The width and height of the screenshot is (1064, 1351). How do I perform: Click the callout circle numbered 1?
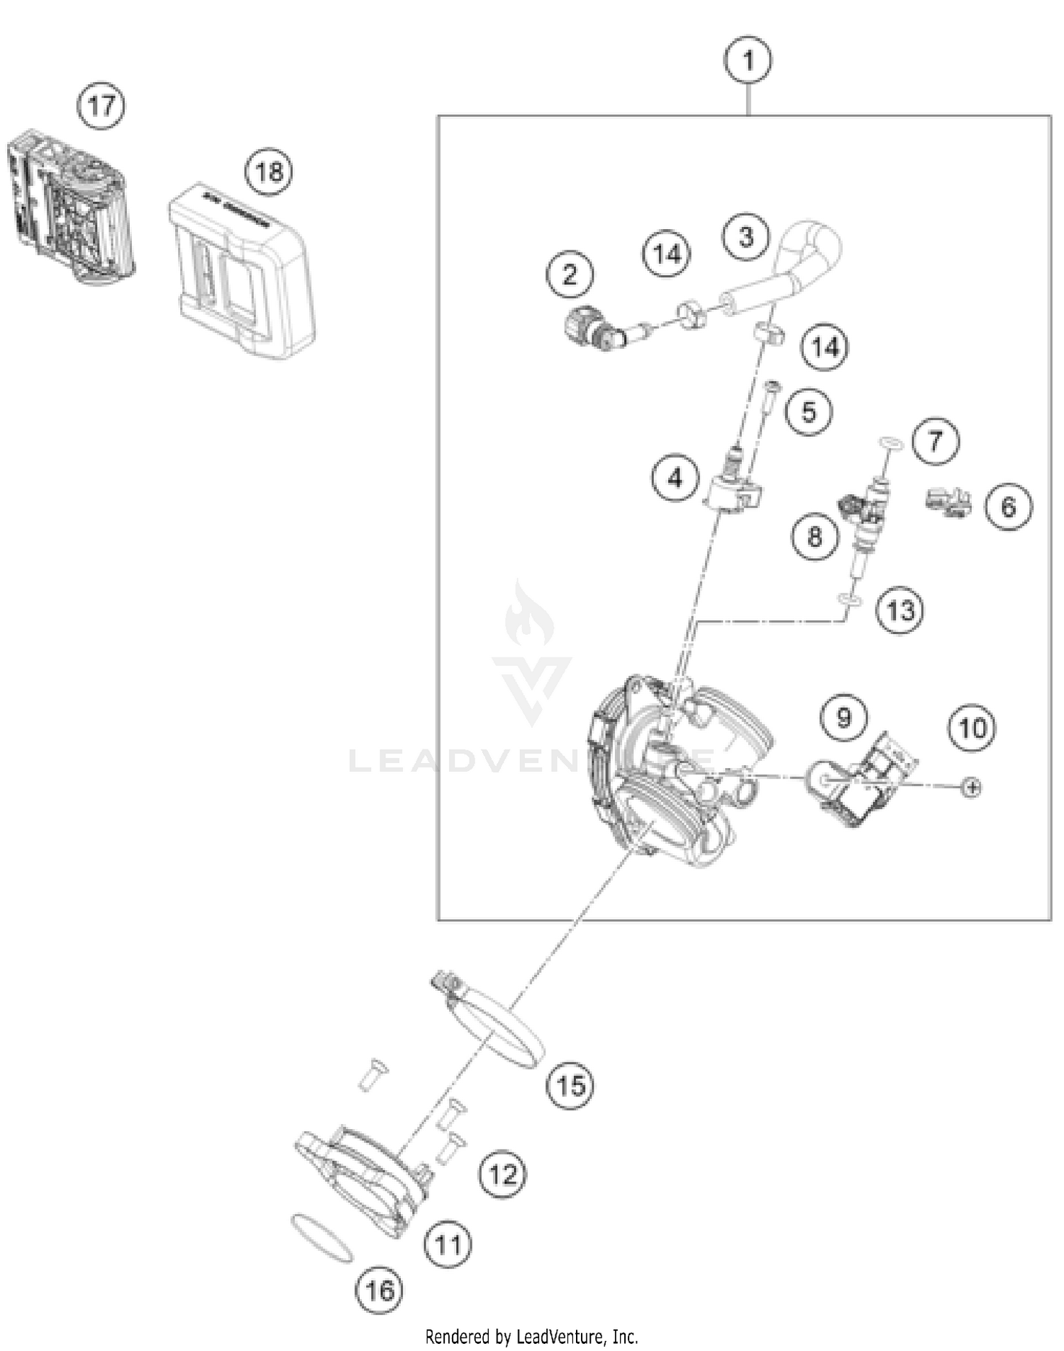748,60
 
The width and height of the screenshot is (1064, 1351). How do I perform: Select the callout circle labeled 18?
269,172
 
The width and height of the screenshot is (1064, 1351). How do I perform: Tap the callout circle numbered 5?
809,412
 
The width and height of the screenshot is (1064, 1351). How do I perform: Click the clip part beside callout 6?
948,502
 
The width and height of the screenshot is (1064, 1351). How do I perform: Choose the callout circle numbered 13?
900,610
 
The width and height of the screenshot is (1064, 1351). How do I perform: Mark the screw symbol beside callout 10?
972,787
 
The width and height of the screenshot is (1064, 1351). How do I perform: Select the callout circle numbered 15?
571,1085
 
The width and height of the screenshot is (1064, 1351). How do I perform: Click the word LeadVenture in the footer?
560,1337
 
